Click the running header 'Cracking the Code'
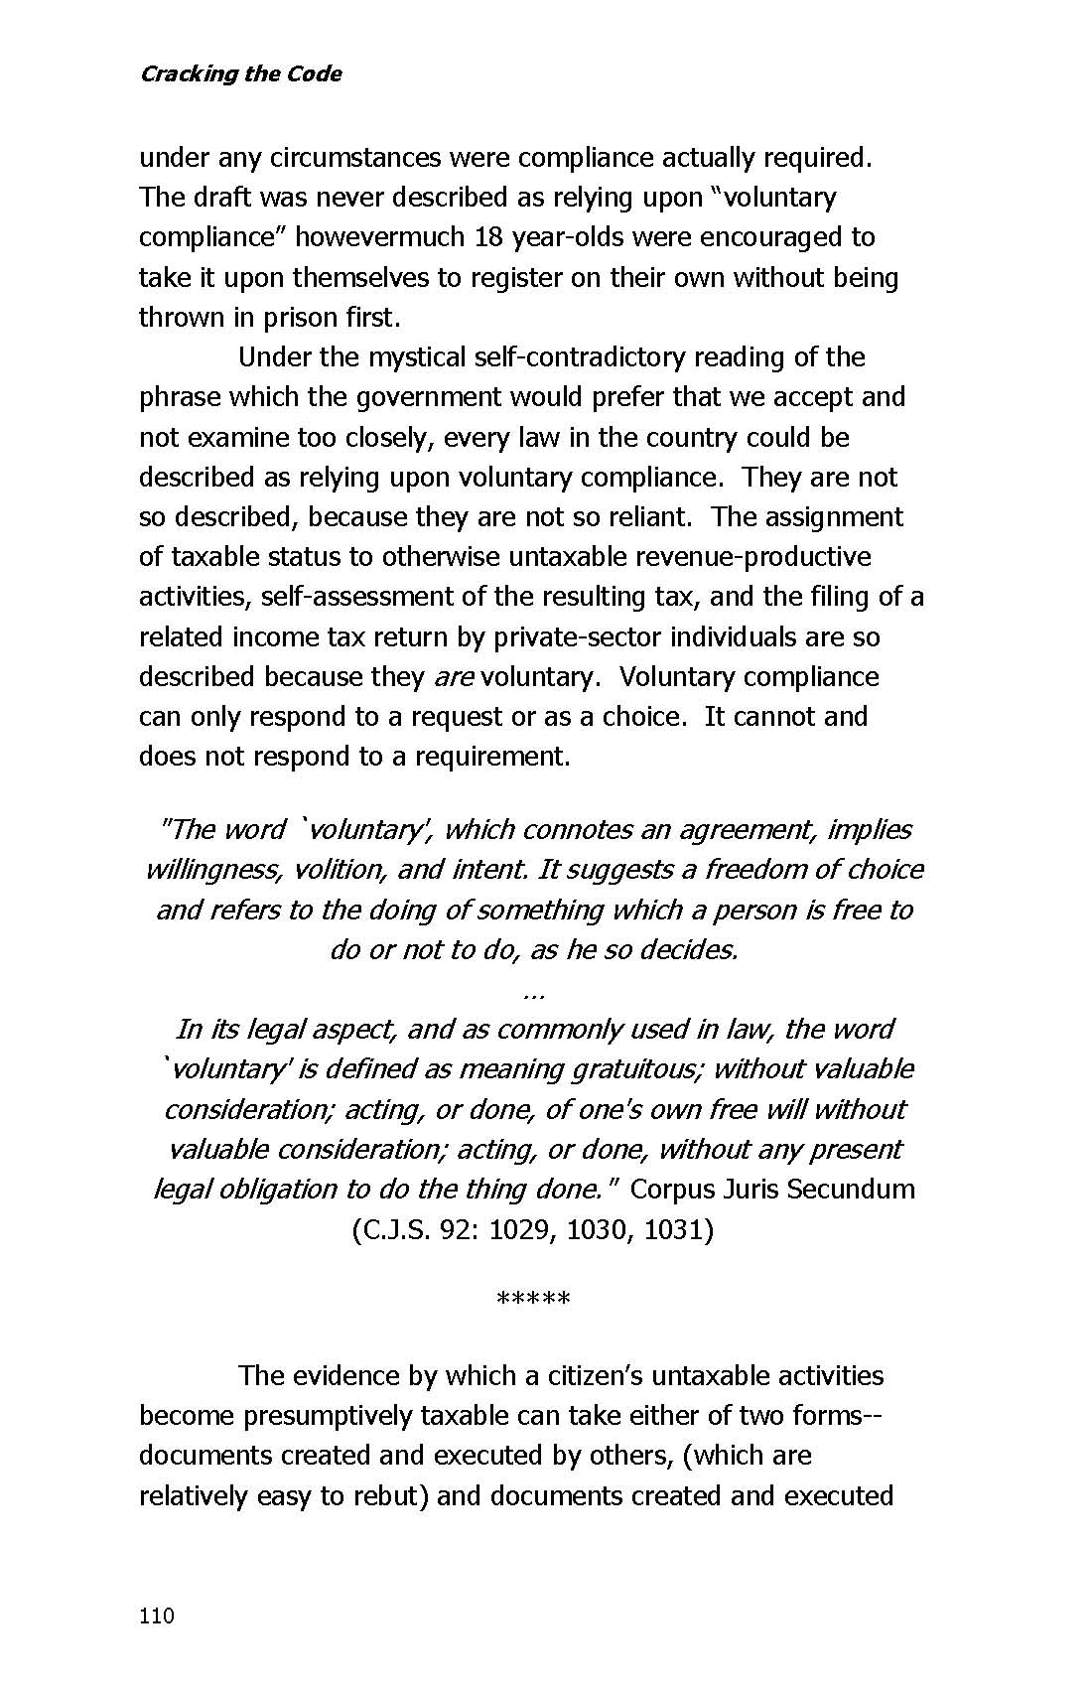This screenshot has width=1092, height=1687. pos(240,73)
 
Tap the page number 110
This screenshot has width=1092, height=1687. pos(157,1616)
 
